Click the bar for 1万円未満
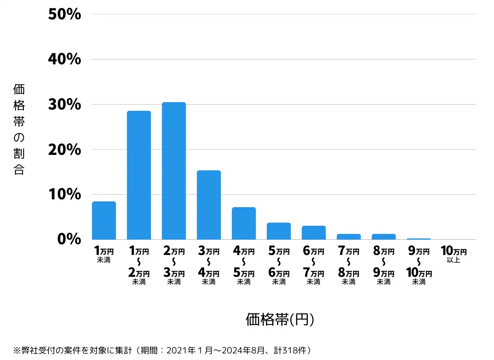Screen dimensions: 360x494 pos(104,220)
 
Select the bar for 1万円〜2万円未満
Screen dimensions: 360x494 pos(139,175)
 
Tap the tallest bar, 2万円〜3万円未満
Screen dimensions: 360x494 pos(174,171)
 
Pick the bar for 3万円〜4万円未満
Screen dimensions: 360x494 pos(209,205)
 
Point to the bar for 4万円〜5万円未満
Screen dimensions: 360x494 pos(244,223)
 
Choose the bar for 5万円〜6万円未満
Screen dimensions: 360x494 pos(279,231)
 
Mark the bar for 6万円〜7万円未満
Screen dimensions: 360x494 pos(314,233)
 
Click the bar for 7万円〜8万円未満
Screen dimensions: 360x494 pos(349,237)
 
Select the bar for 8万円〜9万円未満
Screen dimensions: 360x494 pos(384,237)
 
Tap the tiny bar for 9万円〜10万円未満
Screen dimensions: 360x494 pos(419,239)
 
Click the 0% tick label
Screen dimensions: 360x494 pos(69,239)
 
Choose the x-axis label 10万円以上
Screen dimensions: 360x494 pos(454,255)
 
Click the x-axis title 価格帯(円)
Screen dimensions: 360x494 pos(280,320)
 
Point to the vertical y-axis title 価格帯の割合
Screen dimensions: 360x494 pos(19,129)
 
